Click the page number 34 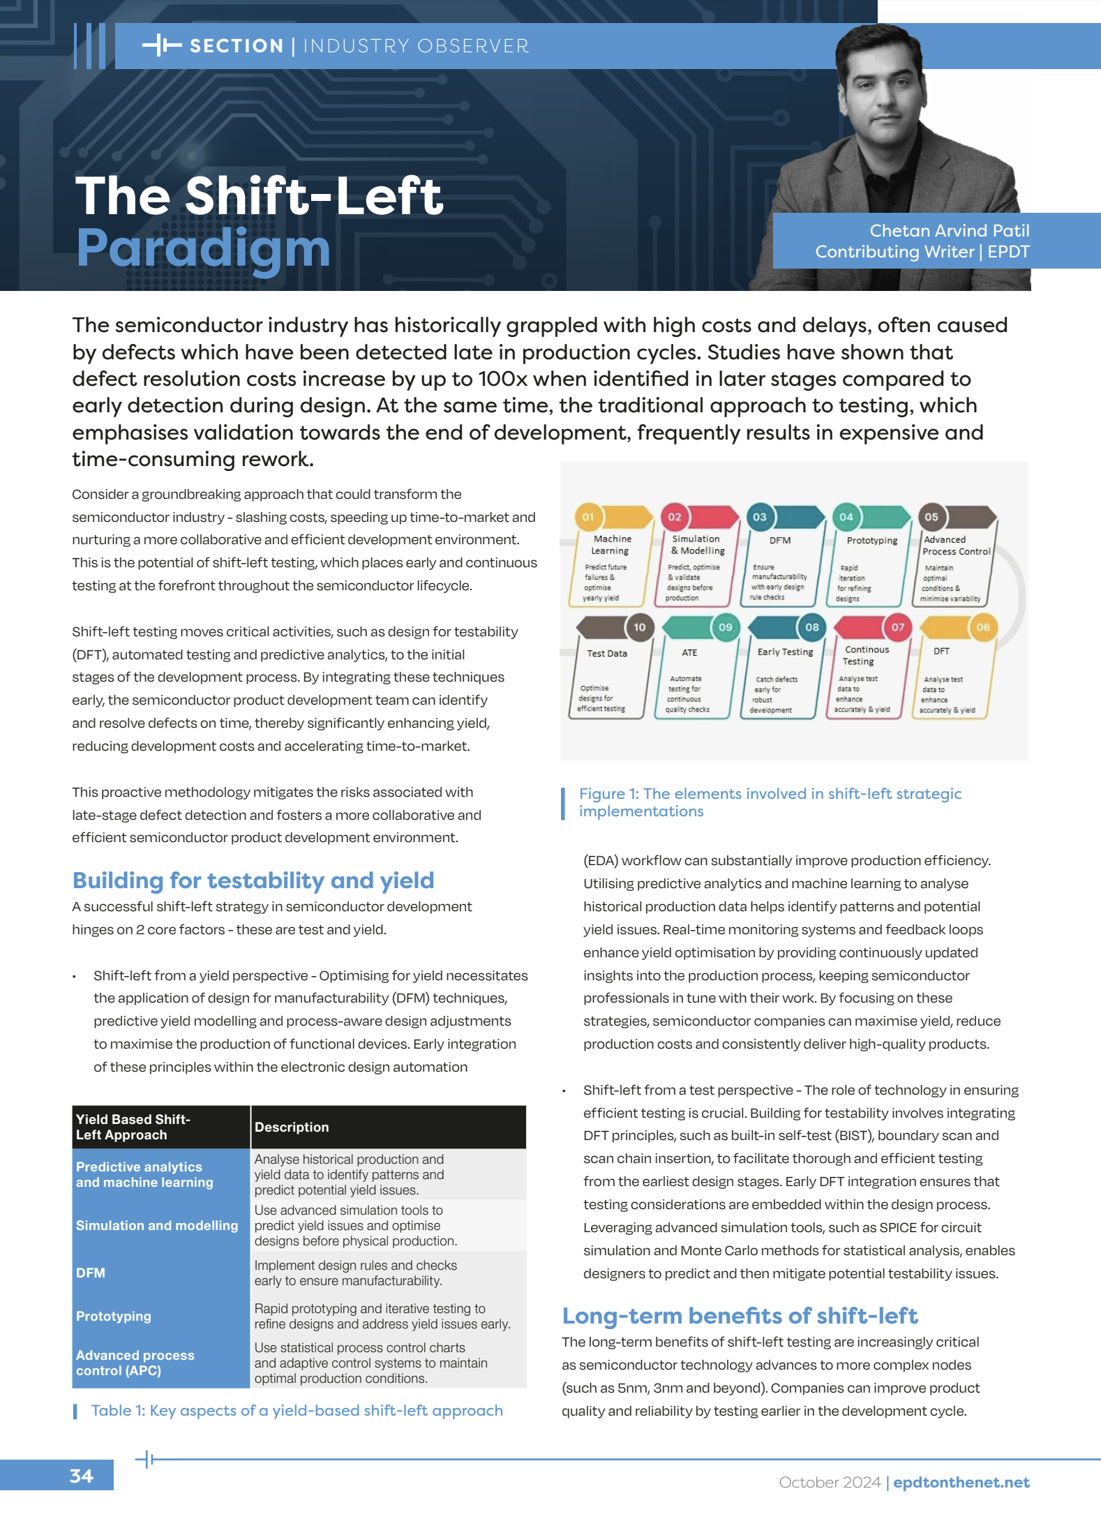(x=81, y=1476)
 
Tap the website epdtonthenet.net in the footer (x=961, y=1483)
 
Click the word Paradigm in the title (x=202, y=248)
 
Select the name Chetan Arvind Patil (x=949, y=230)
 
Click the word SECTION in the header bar (x=237, y=46)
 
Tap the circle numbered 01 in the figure (x=588, y=517)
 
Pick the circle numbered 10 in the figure (x=639, y=627)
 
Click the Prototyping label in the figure (x=871, y=541)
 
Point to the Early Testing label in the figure (x=785, y=652)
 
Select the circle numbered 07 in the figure (x=897, y=627)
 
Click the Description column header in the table (x=292, y=1127)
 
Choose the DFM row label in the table (x=91, y=1273)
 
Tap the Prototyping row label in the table (x=114, y=1316)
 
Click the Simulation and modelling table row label (x=157, y=1225)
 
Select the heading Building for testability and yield (x=253, y=881)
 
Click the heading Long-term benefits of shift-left (x=740, y=1316)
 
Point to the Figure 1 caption (x=770, y=802)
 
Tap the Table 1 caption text (x=297, y=1410)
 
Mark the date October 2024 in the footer (x=830, y=1483)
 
